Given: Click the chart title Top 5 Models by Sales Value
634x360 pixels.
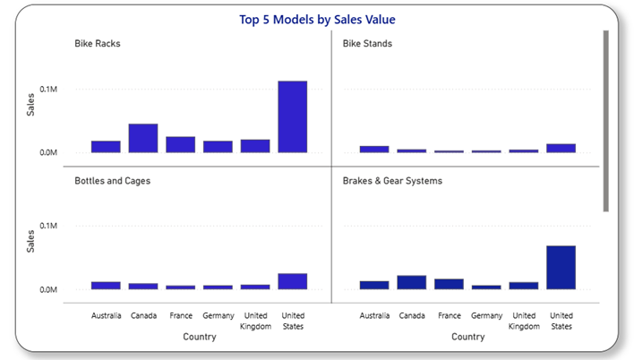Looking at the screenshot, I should click(x=317, y=19).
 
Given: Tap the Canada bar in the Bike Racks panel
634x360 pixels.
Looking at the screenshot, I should click(x=143, y=138).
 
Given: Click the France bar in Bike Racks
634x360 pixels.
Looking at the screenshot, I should click(x=180, y=144).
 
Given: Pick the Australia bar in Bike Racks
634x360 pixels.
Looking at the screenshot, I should click(x=106, y=147).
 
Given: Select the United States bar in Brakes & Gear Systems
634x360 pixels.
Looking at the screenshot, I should click(x=561, y=267).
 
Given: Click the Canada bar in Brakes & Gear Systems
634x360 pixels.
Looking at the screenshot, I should click(x=412, y=282).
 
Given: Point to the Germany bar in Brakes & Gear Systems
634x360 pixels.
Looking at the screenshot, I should click(x=486, y=287).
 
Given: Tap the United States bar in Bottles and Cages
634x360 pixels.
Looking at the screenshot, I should click(x=292, y=281).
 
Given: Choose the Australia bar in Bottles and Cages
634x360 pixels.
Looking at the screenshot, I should click(x=106, y=286).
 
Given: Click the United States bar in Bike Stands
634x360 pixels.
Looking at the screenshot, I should click(x=561, y=148).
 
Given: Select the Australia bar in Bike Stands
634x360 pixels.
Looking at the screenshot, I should click(x=374, y=149).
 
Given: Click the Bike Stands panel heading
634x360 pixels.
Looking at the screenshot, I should click(x=367, y=43).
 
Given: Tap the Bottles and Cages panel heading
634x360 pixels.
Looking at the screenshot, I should click(x=112, y=180).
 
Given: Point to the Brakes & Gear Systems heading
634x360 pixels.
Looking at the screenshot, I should click(x=392, y=180).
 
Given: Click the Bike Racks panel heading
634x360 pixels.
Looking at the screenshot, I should click(x=97, y=43).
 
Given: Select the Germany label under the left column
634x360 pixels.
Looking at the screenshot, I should click(x=218, y=315).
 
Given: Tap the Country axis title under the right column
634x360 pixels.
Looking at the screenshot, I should click(x=467, y=338).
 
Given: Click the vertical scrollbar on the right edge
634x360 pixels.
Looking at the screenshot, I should click(x=605, y=121).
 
